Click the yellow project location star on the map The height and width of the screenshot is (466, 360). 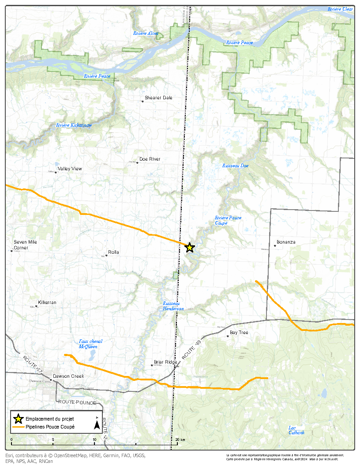tap(190, 248)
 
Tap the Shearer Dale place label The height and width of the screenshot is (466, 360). tap(158, 98)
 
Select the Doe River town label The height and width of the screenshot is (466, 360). tap(150, 159)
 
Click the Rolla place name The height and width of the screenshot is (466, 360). tap(113, 252)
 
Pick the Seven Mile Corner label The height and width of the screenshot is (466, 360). tap(25, 245)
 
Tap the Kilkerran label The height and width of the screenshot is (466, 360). tap(47, 302)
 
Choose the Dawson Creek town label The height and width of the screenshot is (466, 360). tap(68, 376)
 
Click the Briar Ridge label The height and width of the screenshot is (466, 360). tap(165, 362)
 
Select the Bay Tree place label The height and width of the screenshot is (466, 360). tap(239, 333)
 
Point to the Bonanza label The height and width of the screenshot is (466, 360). tap(286, 242)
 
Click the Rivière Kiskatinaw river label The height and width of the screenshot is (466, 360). tap(74, 125)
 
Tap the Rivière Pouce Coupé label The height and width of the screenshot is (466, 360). tap(228, 220)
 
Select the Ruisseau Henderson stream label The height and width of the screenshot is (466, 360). tap(173, 306)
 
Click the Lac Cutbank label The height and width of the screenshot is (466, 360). tap(296, 430)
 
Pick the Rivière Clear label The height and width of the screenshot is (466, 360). tap(340, 9)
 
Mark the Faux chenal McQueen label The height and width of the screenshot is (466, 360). tap(90, 344)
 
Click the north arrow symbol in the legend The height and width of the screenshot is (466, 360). tap(97, 425)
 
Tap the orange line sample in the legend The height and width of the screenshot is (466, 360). tap(18, 427)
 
